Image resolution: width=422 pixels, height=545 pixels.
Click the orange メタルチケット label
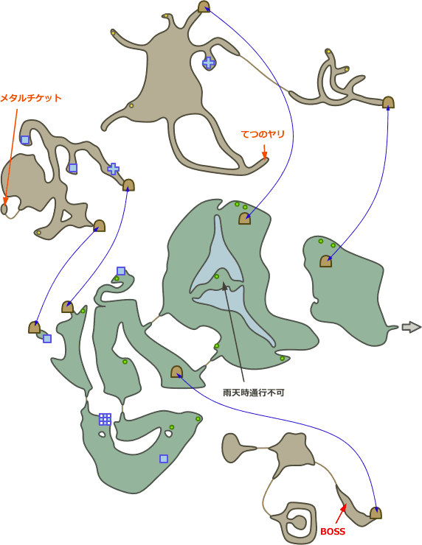[31, 98]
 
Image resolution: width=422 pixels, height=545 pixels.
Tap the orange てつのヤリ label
[263, 134]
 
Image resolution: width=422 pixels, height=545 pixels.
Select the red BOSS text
[333, 532]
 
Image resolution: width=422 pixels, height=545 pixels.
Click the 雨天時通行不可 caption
[254, 393]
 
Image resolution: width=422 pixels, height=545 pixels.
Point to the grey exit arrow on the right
[411, 327]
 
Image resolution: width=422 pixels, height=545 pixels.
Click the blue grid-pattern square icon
[105, 419]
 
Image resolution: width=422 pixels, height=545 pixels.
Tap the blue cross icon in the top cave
[209, 63]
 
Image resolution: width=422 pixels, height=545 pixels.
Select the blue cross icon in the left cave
[113, 169]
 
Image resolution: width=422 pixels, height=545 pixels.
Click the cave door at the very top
[204, 7]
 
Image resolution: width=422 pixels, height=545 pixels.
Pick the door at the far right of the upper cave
[388, 102]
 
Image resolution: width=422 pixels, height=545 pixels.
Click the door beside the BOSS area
[376, 513]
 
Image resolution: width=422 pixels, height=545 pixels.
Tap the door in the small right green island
[325, 261]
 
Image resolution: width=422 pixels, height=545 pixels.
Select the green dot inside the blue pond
[217, 276]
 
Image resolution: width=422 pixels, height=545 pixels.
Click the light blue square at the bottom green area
[164, 459]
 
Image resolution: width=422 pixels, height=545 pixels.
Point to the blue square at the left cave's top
[25, 140]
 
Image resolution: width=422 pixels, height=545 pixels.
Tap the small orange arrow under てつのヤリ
[264, 152]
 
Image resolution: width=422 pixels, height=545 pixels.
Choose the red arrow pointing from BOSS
[341, 513]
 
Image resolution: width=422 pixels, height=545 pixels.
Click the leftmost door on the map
[34, 328]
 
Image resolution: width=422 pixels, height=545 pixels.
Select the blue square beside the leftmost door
[47, 339]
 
